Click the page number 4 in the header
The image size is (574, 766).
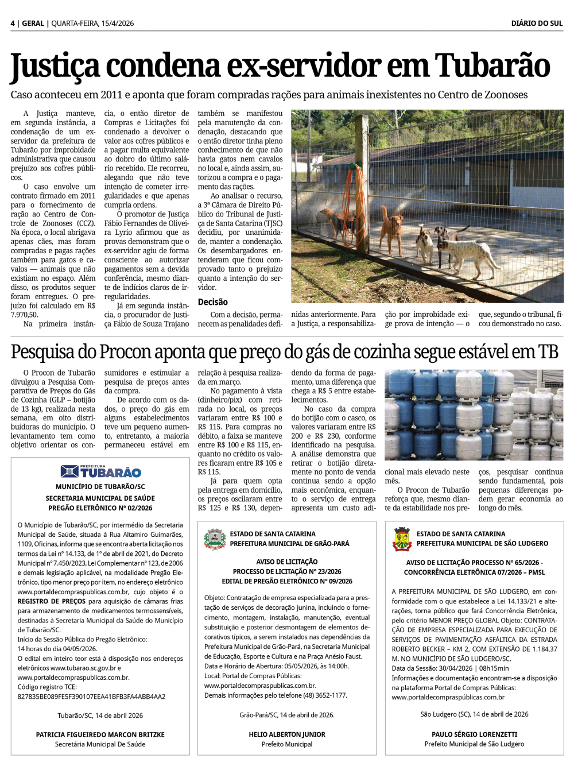tap(13, 24)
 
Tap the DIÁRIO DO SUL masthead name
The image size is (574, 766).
tap(537, 24)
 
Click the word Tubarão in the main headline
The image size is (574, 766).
tap(492, 66)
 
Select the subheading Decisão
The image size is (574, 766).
tap(212, 302)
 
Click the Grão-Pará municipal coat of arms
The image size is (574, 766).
tap(215, 539)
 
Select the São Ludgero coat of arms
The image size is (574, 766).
tap(402, 539)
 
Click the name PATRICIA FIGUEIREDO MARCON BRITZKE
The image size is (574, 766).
tap(100, 734)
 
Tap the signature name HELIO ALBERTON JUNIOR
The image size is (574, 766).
tap(287, 734)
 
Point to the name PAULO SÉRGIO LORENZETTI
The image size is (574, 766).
tap(474, 734)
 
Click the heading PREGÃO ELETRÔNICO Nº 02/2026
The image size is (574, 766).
tap(100, 508)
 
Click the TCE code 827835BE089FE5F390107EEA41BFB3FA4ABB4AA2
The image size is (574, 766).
tap(91, 697)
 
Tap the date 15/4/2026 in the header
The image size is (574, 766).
tap(117, 24)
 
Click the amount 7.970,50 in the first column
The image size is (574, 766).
tap(24, 315)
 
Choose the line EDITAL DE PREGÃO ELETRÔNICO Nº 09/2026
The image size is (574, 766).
tap(287, 581)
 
